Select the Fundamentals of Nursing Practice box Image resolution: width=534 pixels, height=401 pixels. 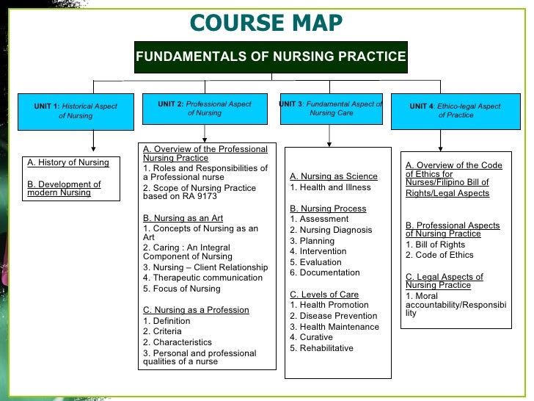pos(271,57)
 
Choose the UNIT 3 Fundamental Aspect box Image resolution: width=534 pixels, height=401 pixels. pos(331,109)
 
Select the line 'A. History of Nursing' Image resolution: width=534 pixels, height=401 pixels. pos(67,162)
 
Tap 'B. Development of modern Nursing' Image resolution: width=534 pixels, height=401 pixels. pos(64,189)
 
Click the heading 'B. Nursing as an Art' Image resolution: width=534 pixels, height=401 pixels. pos(183,218)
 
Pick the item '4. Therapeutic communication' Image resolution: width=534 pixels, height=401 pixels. pos(202,278)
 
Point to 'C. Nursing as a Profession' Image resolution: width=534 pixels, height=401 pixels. pos(196,310)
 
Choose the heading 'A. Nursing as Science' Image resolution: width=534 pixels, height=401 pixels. pos(334,176)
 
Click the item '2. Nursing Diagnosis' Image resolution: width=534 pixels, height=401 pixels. pos(331,230)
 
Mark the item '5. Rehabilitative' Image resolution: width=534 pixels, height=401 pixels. pos(321,348)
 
